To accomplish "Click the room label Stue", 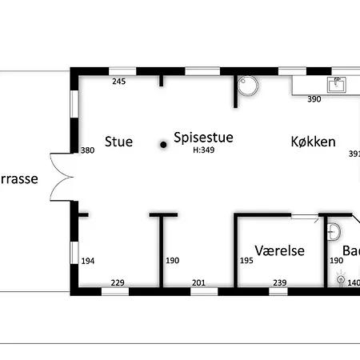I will [x=118, y=142].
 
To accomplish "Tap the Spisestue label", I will [x=203, y=138].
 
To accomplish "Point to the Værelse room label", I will [x=280, y=250].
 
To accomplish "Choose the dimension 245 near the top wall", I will [x=119, y=82].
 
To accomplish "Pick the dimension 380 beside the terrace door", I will [x=88, y=150].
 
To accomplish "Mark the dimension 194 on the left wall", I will [x=88, y=261].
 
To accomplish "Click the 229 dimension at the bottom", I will [x=117, y=282].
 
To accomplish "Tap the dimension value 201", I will [x=199, y=282].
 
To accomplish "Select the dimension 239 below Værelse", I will [x=279, y=282].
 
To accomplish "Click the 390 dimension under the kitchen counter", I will [x=314, y=99].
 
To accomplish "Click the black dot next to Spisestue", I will [x=162, y=145].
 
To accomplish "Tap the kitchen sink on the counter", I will [x=336, y=82].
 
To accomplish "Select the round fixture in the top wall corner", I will [x=250, y=85].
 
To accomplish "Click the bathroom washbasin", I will [x=336, y=232].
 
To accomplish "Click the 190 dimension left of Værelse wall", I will [x=172, y=261].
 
